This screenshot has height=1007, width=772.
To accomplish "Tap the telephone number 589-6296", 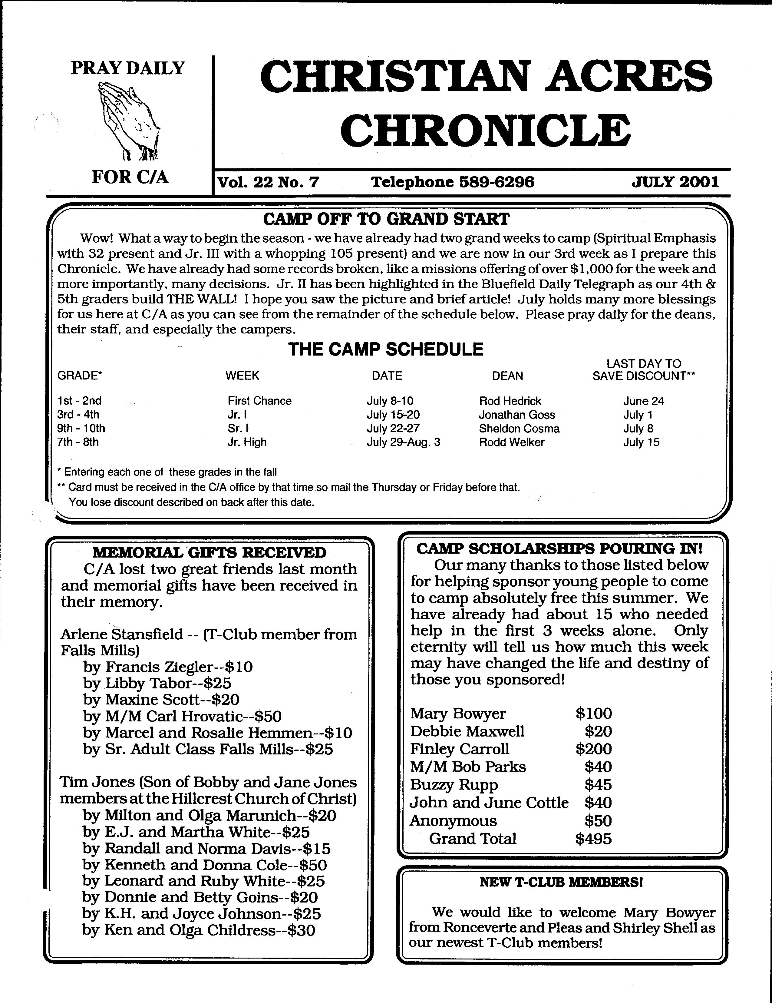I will tap(497, 182).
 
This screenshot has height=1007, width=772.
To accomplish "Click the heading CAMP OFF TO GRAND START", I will tap(386, 219).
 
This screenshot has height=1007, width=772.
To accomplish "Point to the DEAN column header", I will tap(507, 376).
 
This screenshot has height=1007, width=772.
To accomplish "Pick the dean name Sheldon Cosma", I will tap(519, 428).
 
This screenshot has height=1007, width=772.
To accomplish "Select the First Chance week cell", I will tap(260, 401).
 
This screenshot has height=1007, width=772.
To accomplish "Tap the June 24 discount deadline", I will tap(643, 401).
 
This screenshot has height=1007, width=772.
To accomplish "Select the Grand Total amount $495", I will tap(593, 839).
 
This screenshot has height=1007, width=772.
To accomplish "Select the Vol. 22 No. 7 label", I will tap(268, 182).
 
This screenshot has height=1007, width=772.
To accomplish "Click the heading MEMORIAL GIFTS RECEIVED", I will tap(209, 552).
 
